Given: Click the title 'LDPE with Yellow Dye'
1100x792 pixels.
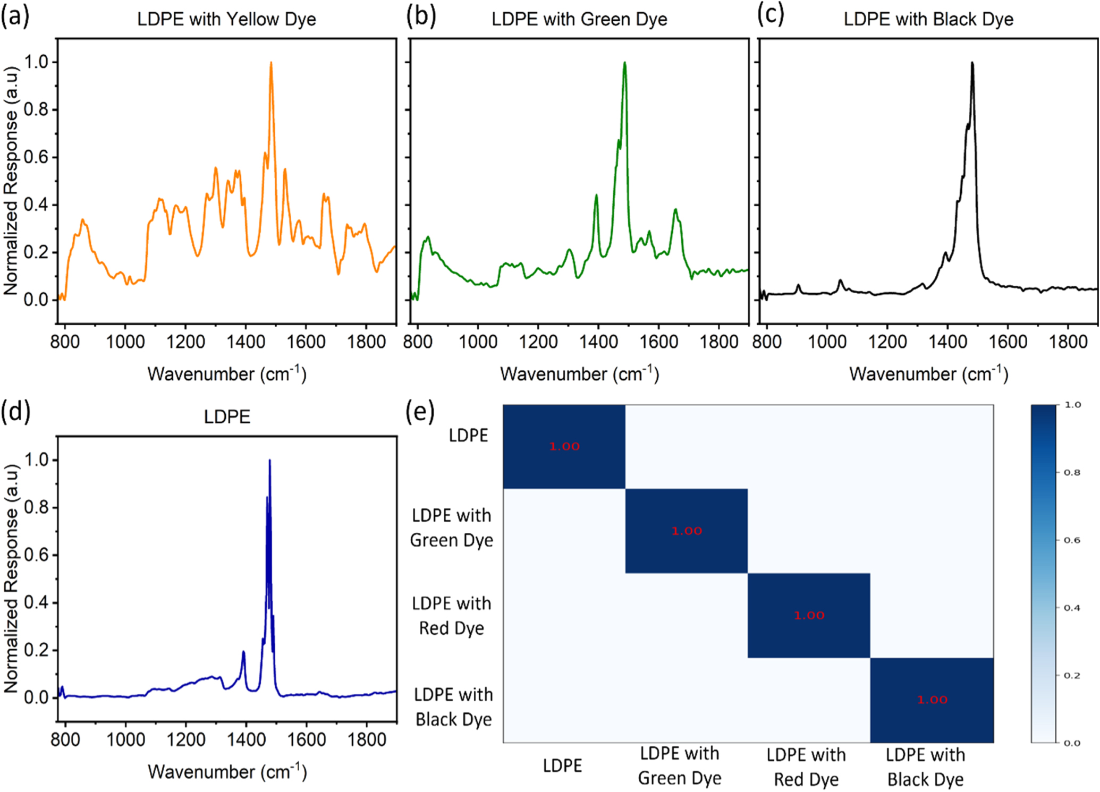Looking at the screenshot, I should click(226, 19).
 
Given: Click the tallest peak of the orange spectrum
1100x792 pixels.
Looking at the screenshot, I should click(271, 63).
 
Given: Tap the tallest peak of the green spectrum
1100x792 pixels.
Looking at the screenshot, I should click(625, 63).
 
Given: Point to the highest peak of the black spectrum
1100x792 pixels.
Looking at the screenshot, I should click(972, 63).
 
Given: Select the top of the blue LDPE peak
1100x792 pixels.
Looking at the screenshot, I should click(270, 461).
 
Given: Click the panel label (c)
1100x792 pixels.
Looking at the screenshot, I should click(771, 16).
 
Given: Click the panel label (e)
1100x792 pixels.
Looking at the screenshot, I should click(420, 411).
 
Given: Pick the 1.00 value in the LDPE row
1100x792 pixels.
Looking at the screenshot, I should click(564, 447).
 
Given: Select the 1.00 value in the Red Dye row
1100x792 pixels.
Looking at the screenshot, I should click(809, 616).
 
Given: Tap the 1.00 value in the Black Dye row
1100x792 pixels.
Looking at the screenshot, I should click(932, 700).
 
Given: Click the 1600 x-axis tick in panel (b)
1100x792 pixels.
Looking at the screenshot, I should click(658, 342).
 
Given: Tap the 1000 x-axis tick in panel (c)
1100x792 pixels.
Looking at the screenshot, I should click(827, 342).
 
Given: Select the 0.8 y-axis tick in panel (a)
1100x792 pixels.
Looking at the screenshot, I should click(36, 109).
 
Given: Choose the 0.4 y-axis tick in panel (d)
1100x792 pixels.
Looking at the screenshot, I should click(36, 602).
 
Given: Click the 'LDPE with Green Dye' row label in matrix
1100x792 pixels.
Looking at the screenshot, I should click(452, 527).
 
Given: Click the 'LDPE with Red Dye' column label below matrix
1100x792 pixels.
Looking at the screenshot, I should click(806, 767).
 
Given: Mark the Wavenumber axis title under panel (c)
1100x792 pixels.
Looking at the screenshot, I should click(928, 374).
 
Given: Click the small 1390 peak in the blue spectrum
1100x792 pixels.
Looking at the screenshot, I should click(243, 652).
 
